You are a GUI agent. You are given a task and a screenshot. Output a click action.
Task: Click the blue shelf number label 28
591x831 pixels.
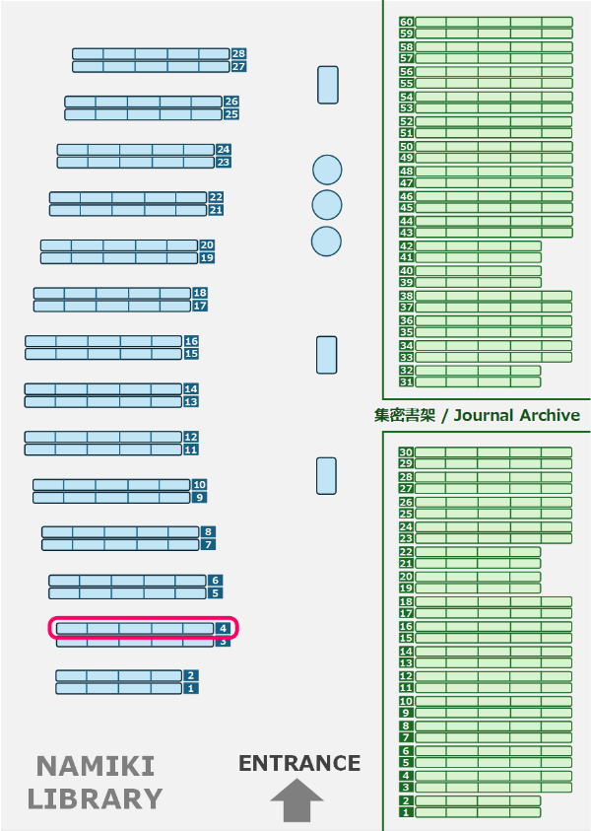238,54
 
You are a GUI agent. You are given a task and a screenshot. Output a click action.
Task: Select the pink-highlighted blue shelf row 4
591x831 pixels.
144,628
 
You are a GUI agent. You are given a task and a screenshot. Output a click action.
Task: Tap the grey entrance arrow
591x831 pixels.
296,799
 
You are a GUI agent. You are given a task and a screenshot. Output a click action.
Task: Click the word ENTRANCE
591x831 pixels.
299,763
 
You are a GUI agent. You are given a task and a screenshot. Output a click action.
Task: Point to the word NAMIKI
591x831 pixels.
96,766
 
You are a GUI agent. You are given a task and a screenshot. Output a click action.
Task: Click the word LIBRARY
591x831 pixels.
95,797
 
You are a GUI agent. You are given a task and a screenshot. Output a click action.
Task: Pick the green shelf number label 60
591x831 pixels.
406,22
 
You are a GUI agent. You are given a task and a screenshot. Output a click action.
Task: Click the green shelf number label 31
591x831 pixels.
406,381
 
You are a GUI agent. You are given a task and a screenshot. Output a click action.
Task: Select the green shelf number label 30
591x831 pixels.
406,452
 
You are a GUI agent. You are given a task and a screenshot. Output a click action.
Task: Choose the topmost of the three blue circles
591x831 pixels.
327,170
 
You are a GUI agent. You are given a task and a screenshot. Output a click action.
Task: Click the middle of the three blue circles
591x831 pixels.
327,205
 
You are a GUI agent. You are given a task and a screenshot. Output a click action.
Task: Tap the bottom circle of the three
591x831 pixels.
327,241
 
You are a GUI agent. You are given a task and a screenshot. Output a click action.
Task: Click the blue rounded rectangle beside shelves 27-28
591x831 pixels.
328,85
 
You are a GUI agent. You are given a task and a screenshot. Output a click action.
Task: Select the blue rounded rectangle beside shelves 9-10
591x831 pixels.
326,476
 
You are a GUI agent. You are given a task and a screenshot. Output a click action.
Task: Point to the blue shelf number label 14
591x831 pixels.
191,389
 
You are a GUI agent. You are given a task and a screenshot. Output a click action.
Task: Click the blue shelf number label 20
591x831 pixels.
207,245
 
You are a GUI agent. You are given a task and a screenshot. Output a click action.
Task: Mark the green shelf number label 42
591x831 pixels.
406,245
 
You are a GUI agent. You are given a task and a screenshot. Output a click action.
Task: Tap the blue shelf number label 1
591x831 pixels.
191,689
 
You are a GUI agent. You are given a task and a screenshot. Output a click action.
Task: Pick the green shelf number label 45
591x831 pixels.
406,208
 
